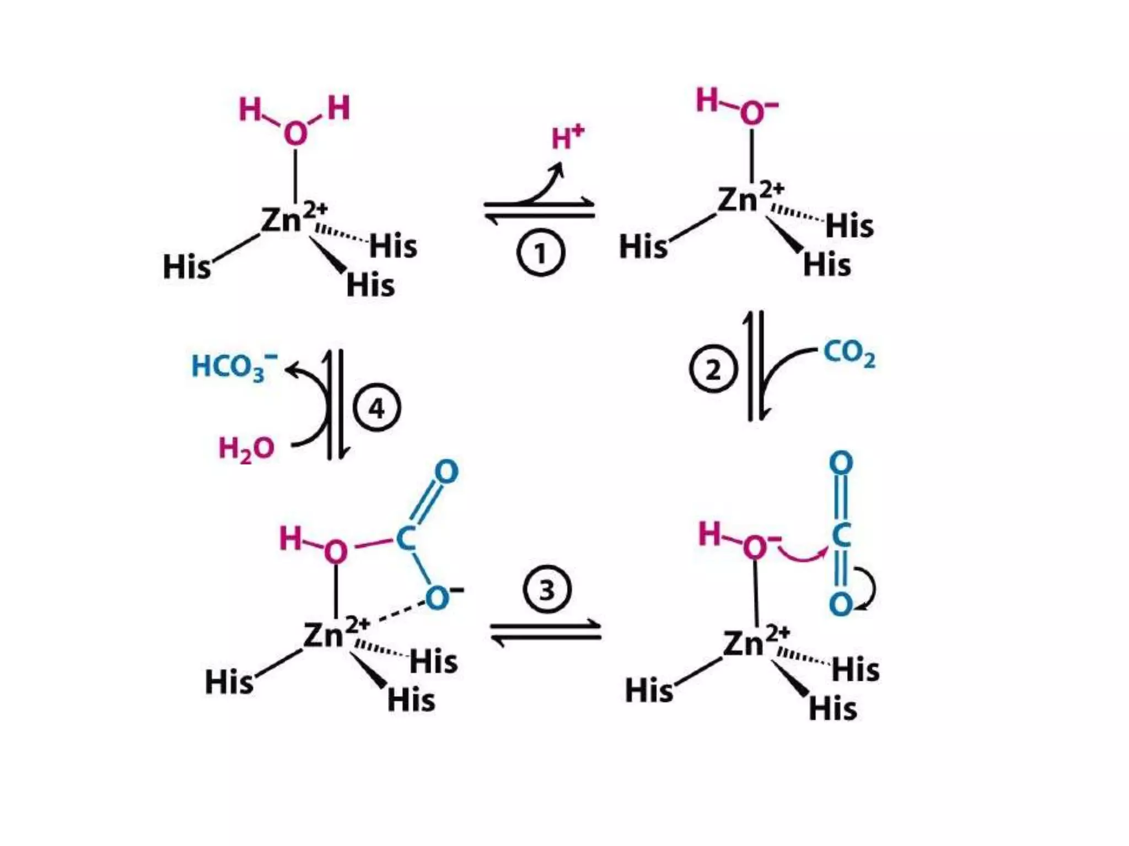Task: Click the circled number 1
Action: (540, 253)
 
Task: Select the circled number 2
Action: (713, 369)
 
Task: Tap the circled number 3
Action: (547, 589)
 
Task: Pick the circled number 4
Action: (377, 408)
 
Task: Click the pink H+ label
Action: (567, 137)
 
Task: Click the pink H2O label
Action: (246, 449)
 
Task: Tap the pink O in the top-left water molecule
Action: (295, 134)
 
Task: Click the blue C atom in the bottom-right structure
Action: (841, 535)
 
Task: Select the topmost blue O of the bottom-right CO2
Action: (841, 463)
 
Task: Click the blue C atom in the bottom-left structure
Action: (406, 538)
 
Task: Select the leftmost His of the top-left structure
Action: (187, 267)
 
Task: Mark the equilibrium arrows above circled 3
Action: (546, 631)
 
